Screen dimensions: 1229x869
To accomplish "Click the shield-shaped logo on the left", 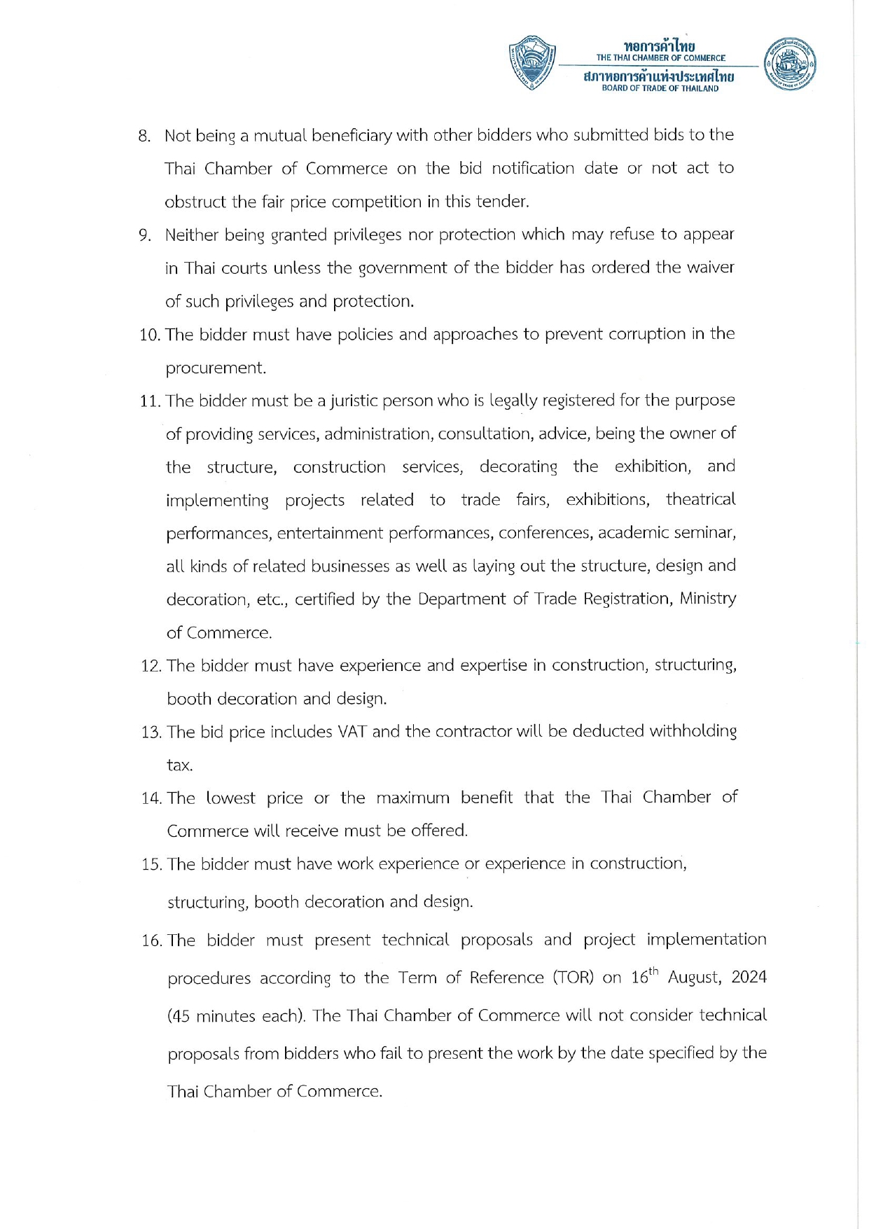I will (532, 62).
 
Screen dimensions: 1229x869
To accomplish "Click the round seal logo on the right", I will (790, 63).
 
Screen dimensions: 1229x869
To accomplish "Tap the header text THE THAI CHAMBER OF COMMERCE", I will (660, 58).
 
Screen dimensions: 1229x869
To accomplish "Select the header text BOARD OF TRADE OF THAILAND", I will (660, 89).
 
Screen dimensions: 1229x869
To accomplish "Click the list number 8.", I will (144, 136).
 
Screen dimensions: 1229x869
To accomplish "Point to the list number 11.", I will (151, 401).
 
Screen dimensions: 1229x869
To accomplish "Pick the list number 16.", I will (152, 940).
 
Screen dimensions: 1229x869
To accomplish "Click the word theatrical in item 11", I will (700, 499).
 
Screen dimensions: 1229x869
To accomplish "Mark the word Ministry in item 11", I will (707, 599).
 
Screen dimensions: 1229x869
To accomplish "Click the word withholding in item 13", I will (693, 732).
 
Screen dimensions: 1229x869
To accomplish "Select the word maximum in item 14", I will (412, 798).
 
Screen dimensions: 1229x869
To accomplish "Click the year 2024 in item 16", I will (749, 978).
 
